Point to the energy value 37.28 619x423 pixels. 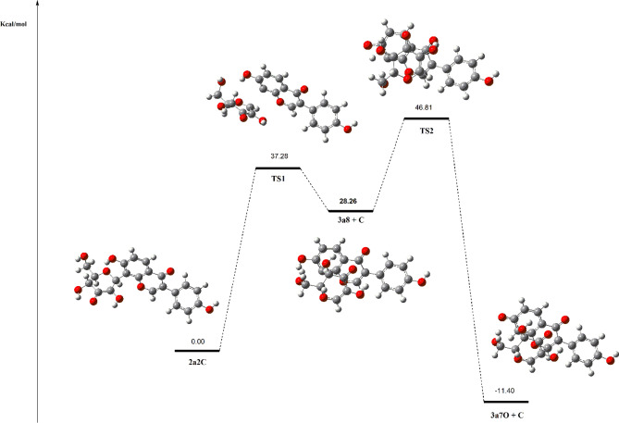tap(278, 157)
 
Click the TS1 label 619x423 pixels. tap(278, 178)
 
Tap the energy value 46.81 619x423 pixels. tap(427, 109)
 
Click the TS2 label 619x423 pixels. tap(427, 131)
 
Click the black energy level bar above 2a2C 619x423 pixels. tap(197, 351)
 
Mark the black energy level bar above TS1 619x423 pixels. tap(278, 168)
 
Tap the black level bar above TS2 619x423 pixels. tap(427, 118)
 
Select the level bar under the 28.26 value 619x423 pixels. tap(351, 211)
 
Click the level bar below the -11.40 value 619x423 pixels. tap(506, 401)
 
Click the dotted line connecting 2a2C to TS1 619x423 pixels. tap(237, 259)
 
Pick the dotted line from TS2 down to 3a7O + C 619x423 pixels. tap(466, 259)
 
